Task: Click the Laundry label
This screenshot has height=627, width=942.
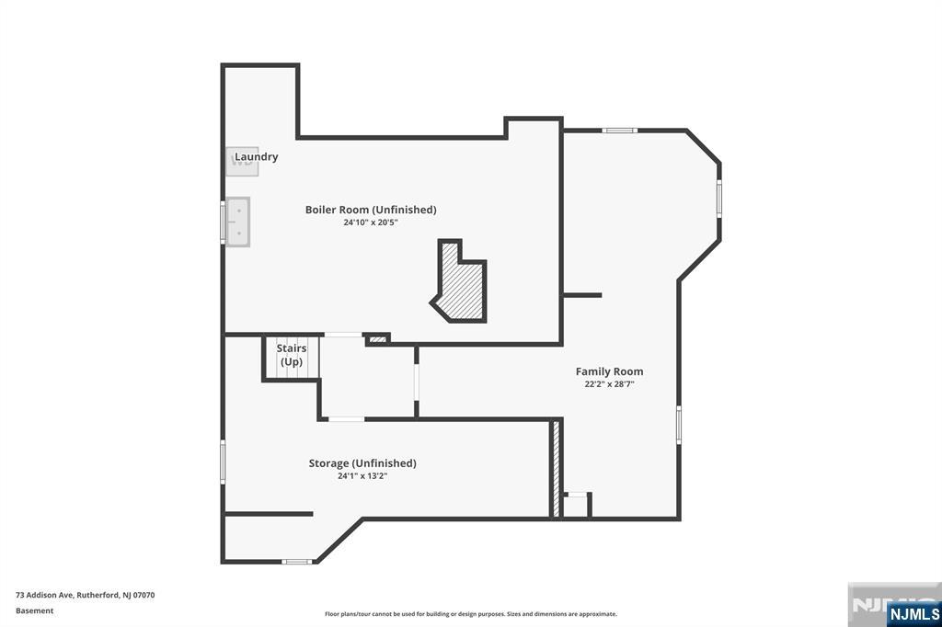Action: point(257,156)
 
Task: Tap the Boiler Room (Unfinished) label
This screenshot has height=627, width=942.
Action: point(371,210)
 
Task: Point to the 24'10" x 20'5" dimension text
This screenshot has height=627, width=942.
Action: point(371,222)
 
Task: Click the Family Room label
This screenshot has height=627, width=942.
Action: point(609,371)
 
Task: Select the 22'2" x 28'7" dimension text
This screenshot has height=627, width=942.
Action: point(609,384)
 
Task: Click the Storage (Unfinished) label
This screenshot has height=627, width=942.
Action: point(362,463)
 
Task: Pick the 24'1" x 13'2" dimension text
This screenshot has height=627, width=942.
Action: point(362,476)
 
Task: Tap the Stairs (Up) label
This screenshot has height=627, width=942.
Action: point(292,355)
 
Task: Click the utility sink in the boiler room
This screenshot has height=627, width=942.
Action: point(238,222)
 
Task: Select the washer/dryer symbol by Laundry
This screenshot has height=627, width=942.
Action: point(242,162)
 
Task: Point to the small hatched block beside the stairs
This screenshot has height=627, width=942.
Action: point(377,339)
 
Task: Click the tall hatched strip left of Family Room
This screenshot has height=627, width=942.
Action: point(557,469)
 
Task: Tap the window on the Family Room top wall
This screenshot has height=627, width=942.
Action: point(619,130)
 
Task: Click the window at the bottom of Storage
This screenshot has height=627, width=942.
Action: point(297,562)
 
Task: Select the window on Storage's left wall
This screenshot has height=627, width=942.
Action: point(223,462)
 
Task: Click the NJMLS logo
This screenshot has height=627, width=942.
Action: point(913,614)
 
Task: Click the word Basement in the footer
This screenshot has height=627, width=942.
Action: point(35,610)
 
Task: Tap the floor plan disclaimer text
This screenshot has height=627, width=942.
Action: point(471,614)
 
